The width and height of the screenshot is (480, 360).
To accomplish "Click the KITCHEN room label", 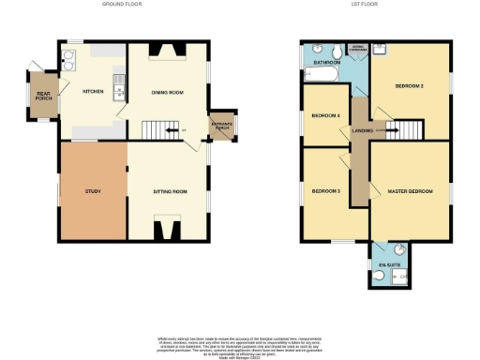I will coord(93,91).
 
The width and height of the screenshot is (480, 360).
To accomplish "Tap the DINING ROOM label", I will coord(166,91).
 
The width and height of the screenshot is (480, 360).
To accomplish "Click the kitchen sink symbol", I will coord(117,90).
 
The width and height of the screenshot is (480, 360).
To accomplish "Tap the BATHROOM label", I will coord(326,63).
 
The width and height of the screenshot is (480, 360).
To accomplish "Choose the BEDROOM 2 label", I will coord(410,86).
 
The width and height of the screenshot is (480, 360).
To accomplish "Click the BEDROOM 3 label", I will coord(325,191).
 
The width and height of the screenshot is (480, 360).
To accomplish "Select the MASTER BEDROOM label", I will coord(410,191).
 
